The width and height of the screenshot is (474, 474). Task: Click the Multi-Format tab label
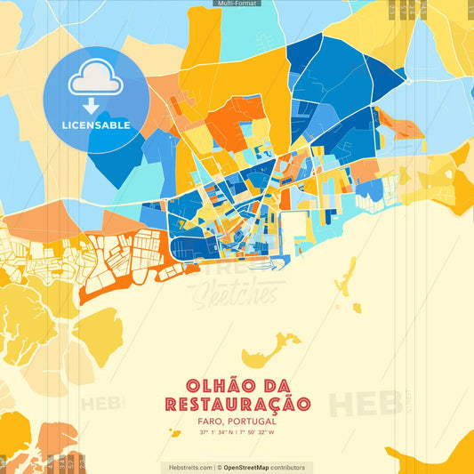(x=237, y=4)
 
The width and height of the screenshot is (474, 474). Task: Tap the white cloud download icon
(x=96, y=82)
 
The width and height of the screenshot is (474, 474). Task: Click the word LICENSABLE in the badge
(x=96, y=125)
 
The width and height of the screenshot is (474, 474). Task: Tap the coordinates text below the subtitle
(x=237, y=433)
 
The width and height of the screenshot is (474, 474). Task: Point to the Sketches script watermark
(x=235, y=291)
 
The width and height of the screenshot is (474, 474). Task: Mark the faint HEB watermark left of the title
(x=102, y=403)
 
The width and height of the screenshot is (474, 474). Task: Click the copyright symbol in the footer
(x=218, y=467)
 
